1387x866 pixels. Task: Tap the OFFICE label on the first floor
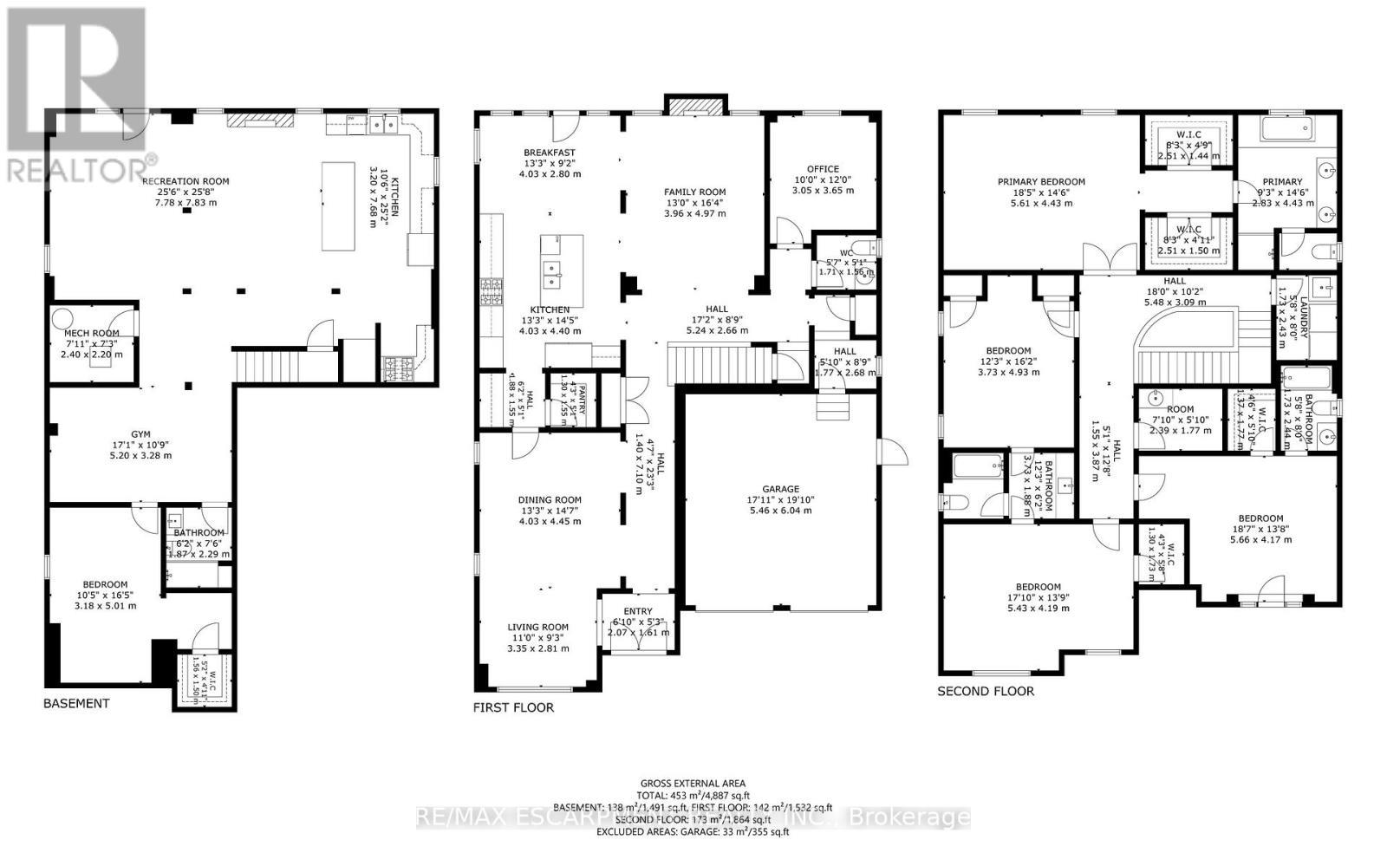pyautogui.click(x=823, y=169)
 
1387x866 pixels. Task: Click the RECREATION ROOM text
pyautogui.click(x=186, y=181)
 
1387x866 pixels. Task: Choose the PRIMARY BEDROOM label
pyautogui.click(x=1041, y=182)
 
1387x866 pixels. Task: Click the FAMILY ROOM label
pyautogui.click(x=694, y=192)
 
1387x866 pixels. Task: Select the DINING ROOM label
pyautogui.click(x=550, y=500)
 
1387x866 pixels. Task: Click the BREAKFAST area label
pyautogui.click(x=550, y=153)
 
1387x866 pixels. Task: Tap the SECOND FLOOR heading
pyautogui.click(x=986, y=691)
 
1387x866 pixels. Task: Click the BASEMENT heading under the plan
pyautogui.click(x=76, y=703)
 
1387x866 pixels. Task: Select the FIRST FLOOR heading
pyautogui.click(x=513, y=707)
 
